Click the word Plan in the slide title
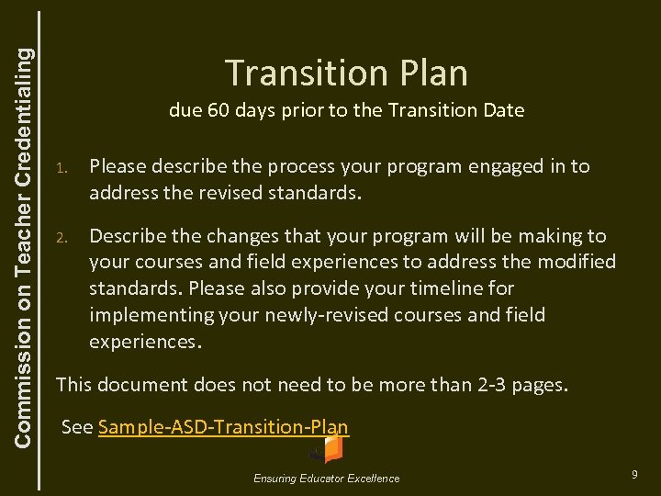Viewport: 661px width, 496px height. (x=431, y=73)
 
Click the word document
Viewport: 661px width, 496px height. (x=137, y=385)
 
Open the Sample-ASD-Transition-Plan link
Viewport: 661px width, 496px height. (x=223, y=427)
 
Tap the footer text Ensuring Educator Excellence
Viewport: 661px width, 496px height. (x=328, y=478)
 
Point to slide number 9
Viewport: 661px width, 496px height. (x=634, y=474)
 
